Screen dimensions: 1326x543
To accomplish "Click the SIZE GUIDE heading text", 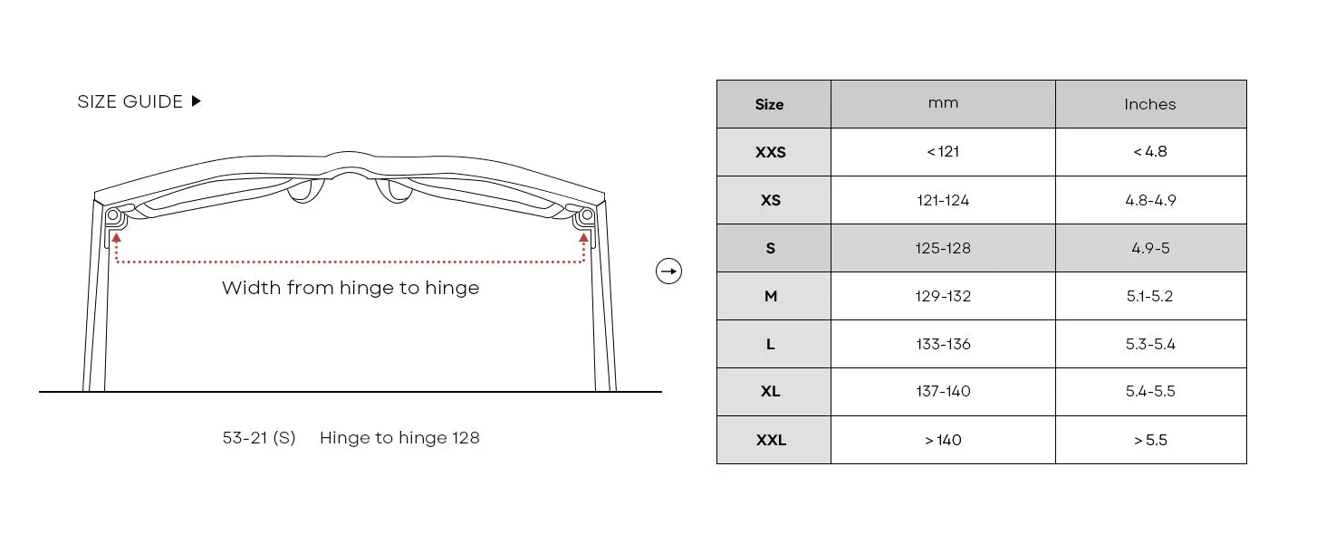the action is pos(130,101).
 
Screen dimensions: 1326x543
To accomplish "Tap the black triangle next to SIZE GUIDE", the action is pos(197,101).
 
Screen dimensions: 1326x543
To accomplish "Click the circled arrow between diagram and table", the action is pos(669,271).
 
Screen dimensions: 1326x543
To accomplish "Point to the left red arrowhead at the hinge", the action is pos(117,238).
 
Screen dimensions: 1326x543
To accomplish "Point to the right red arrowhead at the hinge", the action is pos(583,238).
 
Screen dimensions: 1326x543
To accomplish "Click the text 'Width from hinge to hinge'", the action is pos(351,288).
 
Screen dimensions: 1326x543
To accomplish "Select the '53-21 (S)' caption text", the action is pos(259,438).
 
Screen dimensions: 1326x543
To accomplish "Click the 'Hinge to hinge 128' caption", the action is pos(399,438).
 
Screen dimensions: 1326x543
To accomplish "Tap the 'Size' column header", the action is pos(770,105).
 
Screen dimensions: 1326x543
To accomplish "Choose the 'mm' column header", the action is pos(943,103).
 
